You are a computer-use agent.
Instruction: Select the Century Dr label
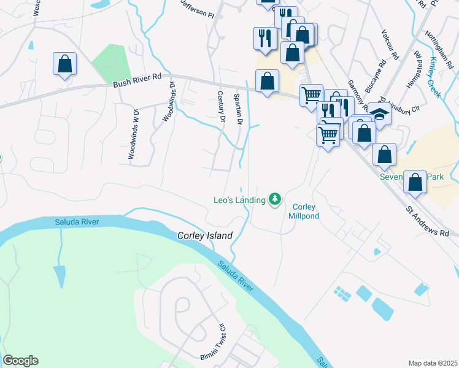coord(222,105)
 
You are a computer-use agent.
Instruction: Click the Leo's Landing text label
coord(239,199)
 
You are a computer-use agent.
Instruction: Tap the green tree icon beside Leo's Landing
coord(276,199)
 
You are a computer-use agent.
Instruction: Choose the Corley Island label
coord(205,236)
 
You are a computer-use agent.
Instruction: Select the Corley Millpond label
coord(304,211)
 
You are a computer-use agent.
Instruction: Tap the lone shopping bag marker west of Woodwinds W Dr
coord(64,64)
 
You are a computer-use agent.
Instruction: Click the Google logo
coord(20,361)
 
